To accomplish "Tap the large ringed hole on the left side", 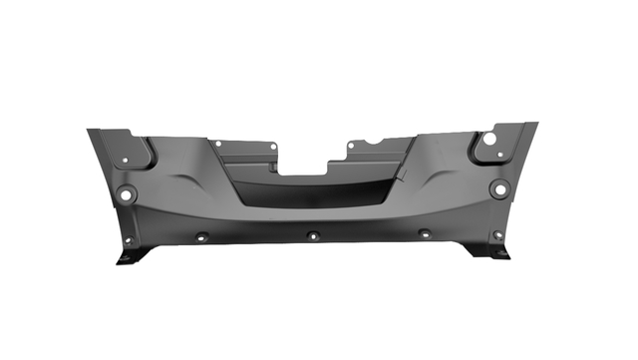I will [x=125, y=193].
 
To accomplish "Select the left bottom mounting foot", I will [x=131, y=257].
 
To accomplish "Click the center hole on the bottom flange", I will [x=312, y=236].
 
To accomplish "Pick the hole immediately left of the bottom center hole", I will [x=201, y=237].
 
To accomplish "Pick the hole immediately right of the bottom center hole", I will [x=424, y=234].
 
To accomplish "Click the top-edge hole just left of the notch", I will [x=272, y=148].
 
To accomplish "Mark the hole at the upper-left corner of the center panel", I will [x=218, y=143].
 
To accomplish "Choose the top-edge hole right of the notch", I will [x=351, y=146].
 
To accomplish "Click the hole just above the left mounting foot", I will [x=127, y=239].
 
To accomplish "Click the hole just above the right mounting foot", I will [x=497, y=235].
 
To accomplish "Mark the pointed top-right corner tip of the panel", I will [x=536, y=124].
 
